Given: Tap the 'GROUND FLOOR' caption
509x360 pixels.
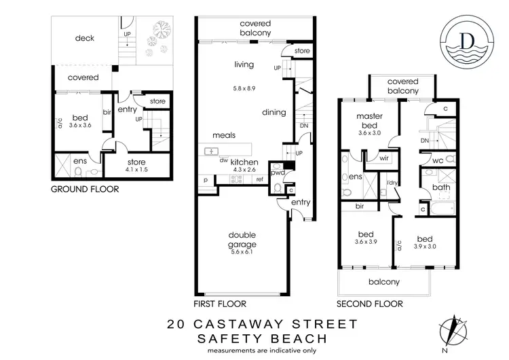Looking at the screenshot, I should pos(86,190).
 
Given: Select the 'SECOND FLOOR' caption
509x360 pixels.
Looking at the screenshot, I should pos(371,304).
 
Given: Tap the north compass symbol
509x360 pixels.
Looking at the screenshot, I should pos(451,331).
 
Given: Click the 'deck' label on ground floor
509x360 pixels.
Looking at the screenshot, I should pos(85,38).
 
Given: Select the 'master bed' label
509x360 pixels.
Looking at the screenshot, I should pos(369,121).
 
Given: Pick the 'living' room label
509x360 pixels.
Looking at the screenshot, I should pos(244,65).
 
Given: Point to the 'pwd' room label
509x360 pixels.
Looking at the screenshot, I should pos(278,173).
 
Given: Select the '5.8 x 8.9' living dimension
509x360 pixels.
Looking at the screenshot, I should pos(244,89).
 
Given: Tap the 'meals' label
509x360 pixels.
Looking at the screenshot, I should pos(224,135).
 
